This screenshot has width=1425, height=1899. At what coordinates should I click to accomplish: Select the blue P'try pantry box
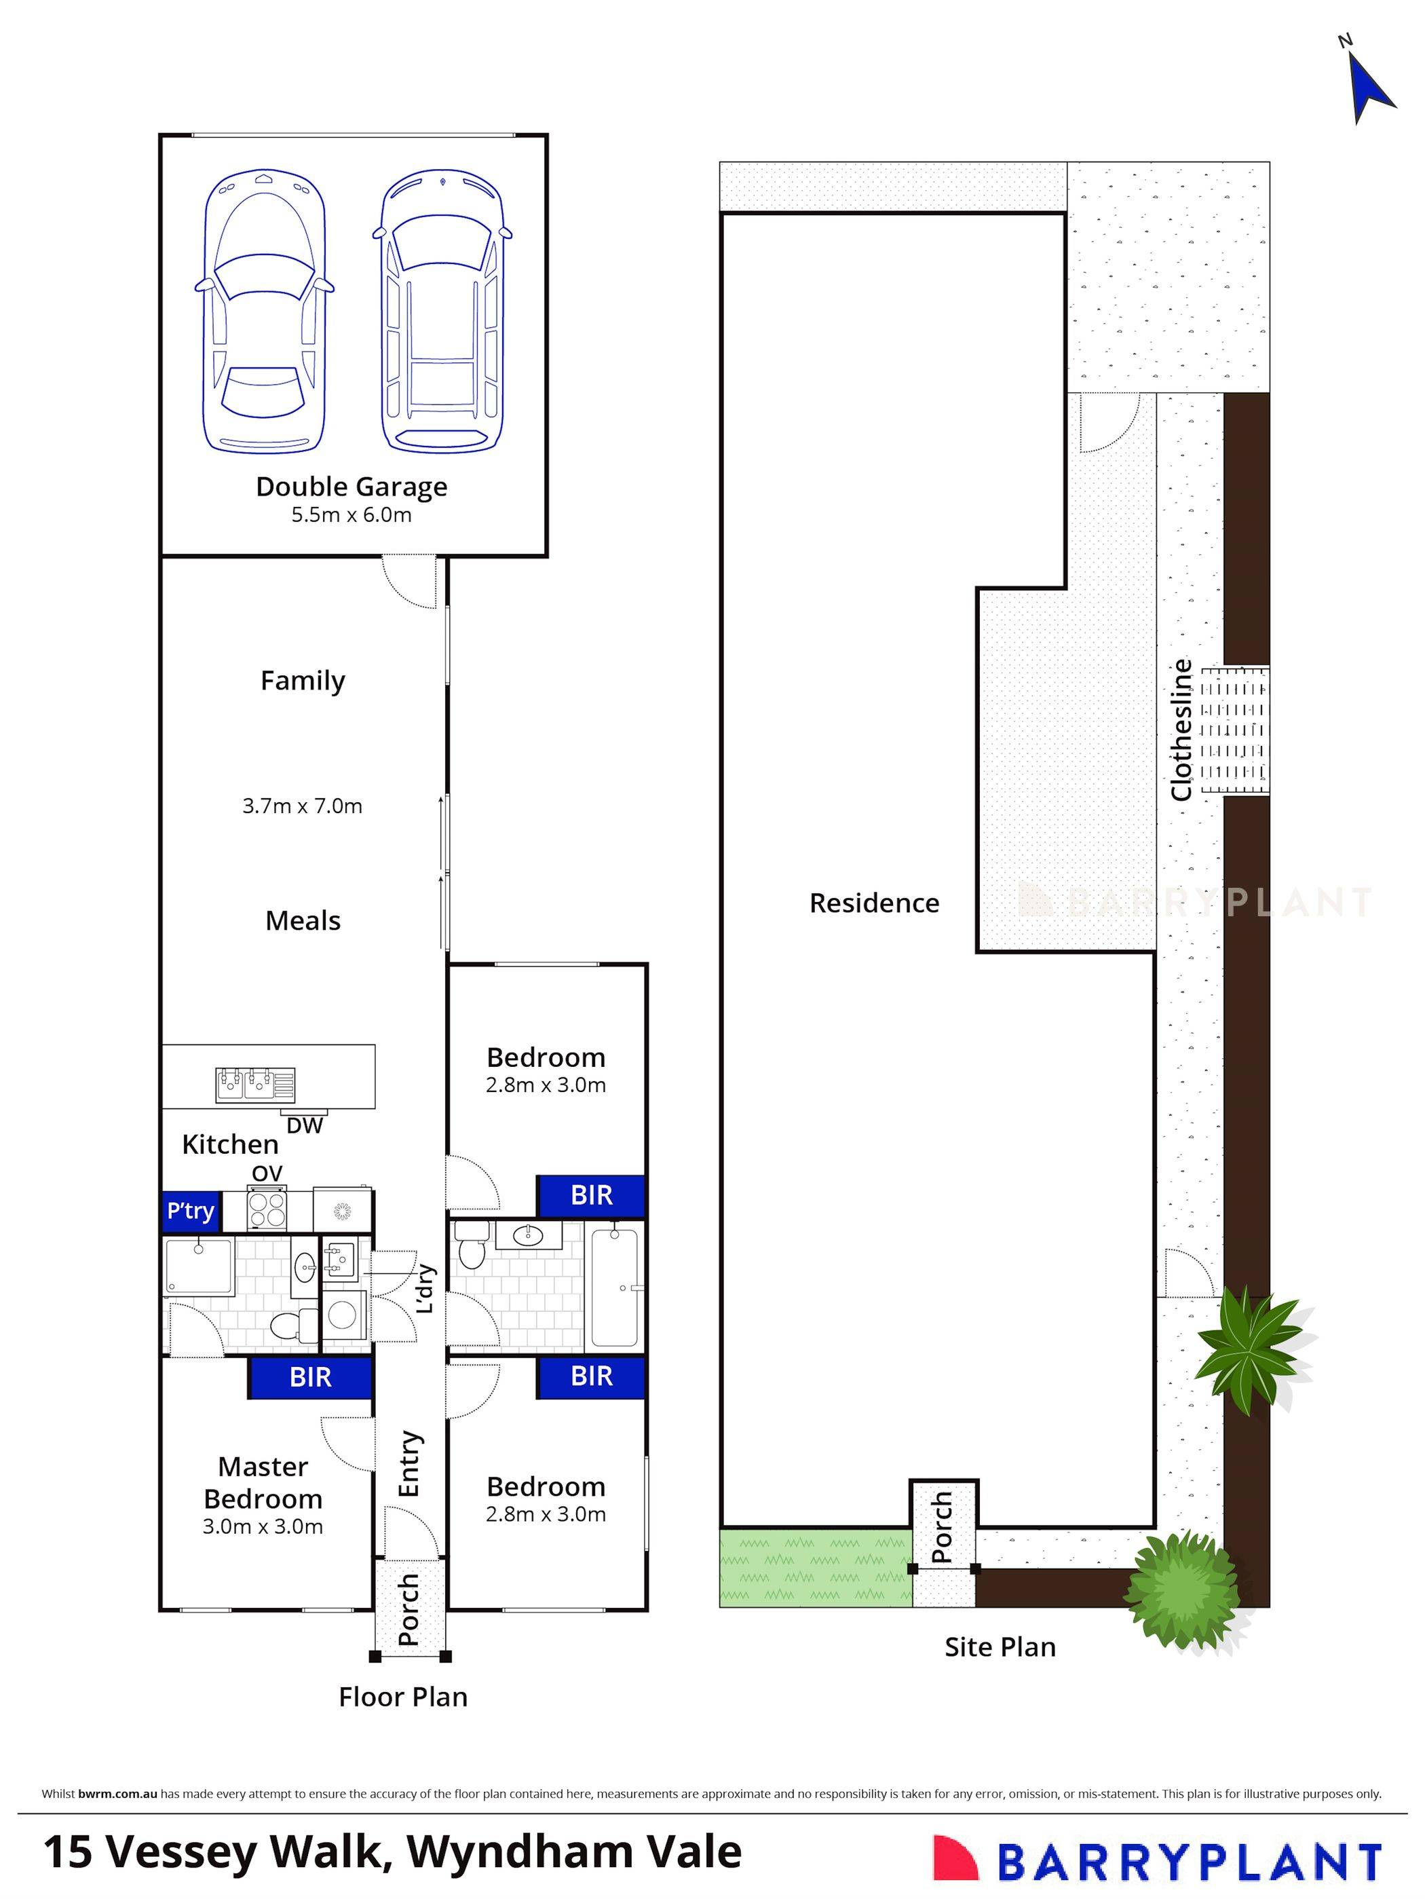pos(191,1211)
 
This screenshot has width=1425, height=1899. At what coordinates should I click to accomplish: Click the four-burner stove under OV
pos(267,1211)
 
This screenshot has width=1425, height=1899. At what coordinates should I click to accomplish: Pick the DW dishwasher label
pos(304,1125)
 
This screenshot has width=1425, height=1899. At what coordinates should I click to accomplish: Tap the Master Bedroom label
pos(263,1483)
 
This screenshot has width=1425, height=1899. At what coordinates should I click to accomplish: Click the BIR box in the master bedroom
pos(310,1378)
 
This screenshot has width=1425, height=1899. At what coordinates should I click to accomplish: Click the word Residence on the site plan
pos(874,903)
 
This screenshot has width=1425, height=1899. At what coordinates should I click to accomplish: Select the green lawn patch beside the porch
pos(814,1568)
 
